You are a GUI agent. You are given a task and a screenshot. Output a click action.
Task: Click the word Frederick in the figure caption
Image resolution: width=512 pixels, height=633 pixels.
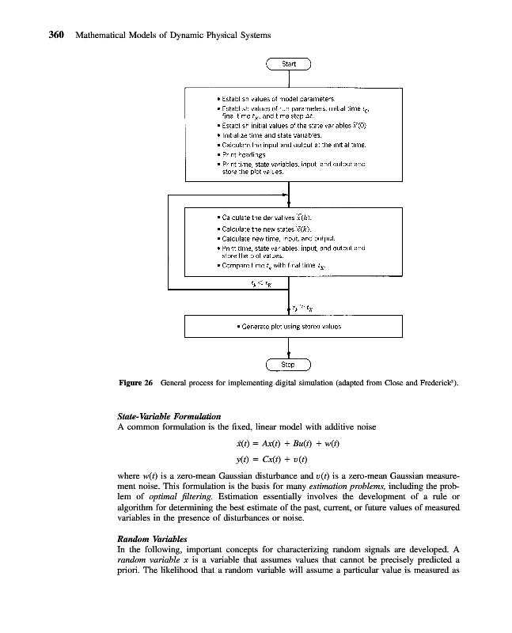(x=431, y=383)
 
